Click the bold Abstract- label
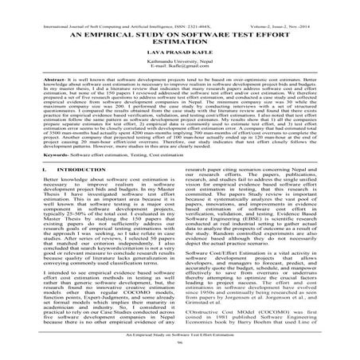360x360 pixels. (x=39, y=84)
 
